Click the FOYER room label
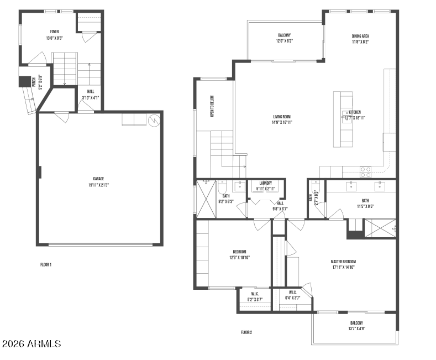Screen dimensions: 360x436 (x=54, y=32)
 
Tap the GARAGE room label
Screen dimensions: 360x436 (x=98, y=179)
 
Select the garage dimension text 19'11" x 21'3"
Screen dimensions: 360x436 (x=98, y=185)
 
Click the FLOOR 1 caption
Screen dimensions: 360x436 (x=46, y=265)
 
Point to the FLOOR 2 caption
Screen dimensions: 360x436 (x=246, y=332)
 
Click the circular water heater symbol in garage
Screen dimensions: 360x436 (x=155, y=119)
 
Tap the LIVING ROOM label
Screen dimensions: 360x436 (x=282, y=117)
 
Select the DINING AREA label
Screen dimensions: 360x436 (x=360, y=36)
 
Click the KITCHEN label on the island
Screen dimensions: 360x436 (x=354, y=111)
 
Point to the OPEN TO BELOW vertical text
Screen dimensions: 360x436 (x=212, y=106)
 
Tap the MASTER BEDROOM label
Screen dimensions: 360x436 (x=343, y=262)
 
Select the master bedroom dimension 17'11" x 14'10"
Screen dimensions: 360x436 (x=343, y=268)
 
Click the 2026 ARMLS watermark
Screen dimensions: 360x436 (x=31, y=344)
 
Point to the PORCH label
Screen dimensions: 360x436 (x=34, y=84)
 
